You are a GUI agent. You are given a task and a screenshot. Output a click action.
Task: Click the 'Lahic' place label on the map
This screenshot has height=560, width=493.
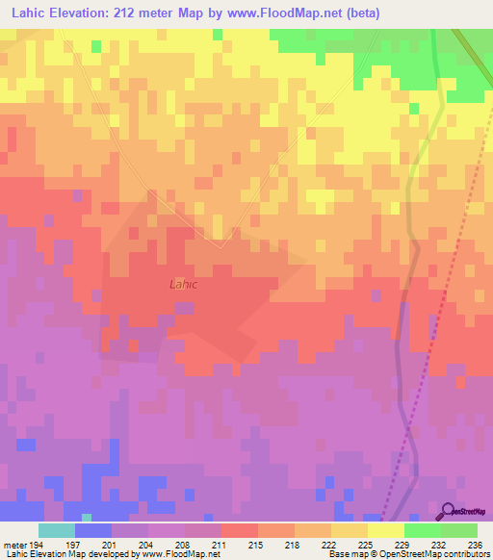184,285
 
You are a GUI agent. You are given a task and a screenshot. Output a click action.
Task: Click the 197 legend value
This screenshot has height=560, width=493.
79,544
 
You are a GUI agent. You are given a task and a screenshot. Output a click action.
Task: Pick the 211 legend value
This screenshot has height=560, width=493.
186,544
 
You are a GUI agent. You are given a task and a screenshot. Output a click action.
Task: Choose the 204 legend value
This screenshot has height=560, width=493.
149,544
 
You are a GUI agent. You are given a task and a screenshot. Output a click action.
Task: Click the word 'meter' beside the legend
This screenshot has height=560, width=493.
14,544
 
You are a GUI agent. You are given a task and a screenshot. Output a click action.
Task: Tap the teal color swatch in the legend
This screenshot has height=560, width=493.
57,530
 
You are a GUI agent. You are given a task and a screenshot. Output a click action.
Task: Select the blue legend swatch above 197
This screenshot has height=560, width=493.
93,530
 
